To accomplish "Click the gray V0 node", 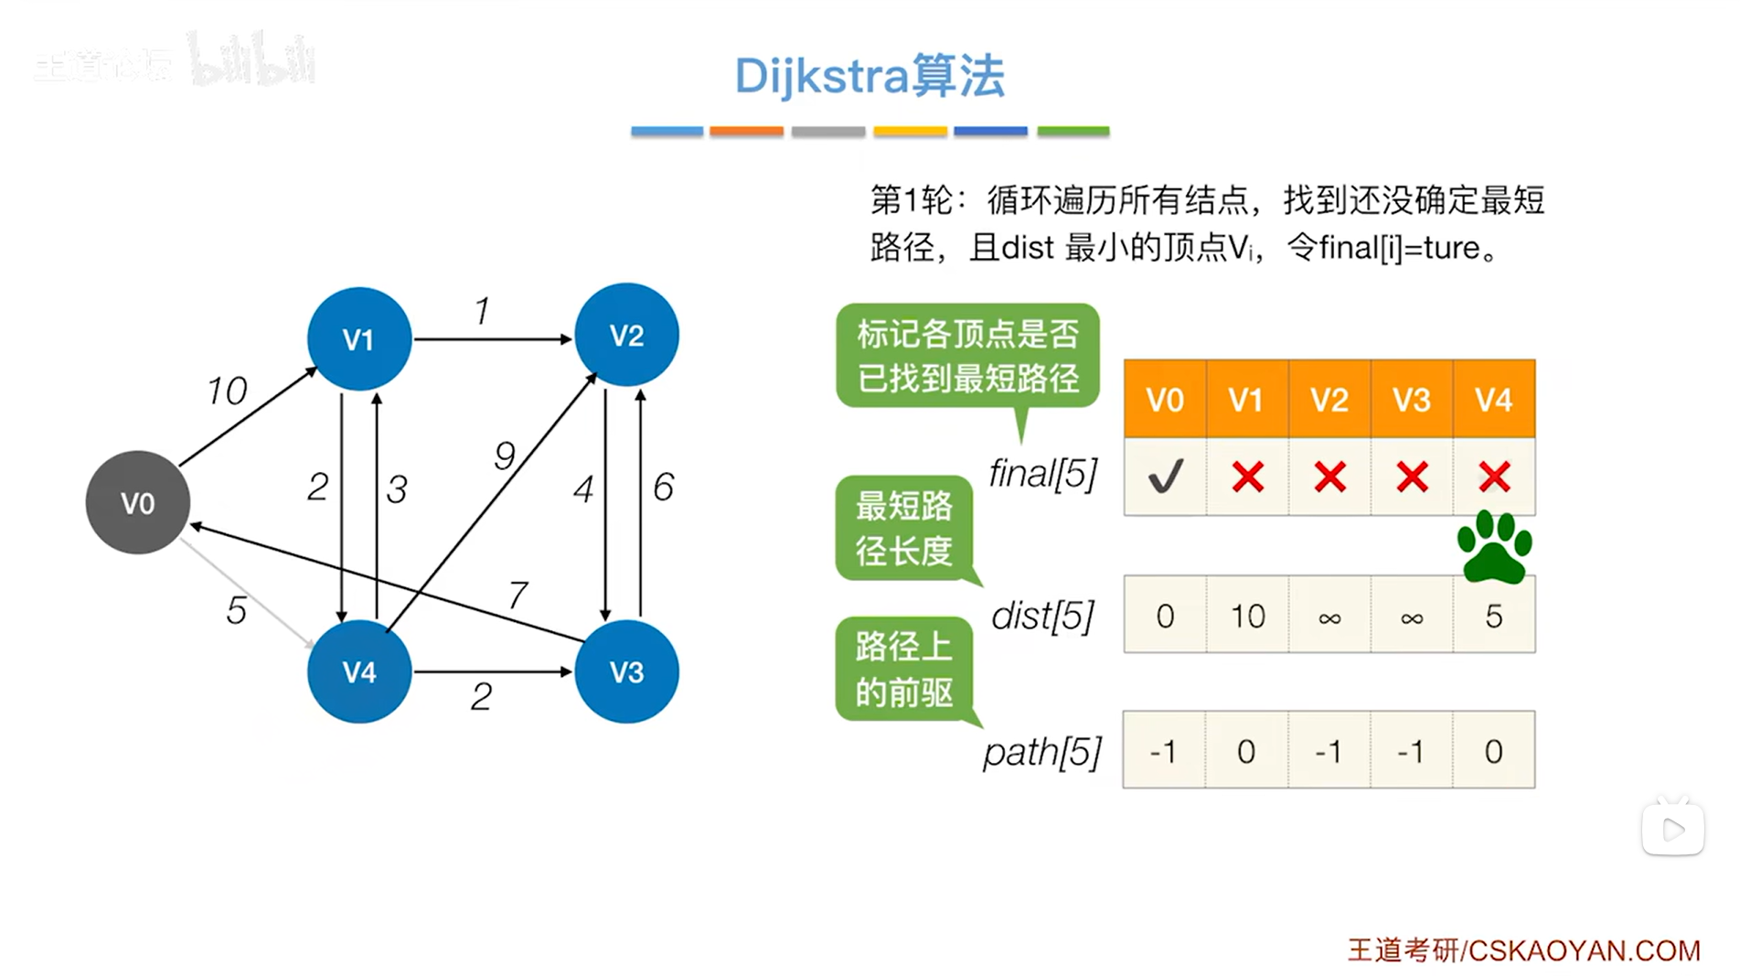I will pyautogui.click(x=138, y=502).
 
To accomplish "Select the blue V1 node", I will pyautogui.click(x=359, y=339).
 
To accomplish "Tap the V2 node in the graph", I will pyautogui.click(x=626, y=335).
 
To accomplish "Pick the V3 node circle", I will pyautogui.click(x=626, y=671).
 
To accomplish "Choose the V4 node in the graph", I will pyautogui.click(x=359, y=671).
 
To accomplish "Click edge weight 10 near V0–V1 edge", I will pyautogui.click(x=227, y=391).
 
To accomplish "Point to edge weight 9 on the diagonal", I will pyautogui.click(x=505, y=455).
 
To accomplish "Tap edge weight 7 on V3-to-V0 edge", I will pyautogui.click(x=518, y=595).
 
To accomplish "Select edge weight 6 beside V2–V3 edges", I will pyautogui.click(x=663, y=487).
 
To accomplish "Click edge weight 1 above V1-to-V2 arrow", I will pyautogui.click(x=482, y=311).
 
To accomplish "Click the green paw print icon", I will pyautogui.click(x=1494, y=547).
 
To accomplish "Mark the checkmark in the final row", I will pyautogui.click(x=1165, y=477).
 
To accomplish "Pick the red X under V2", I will pyautogui.click(x=1329, y=477).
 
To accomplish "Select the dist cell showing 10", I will pyautogui.click(x=1247, y=616).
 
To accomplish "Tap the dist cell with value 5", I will pyautogui.click(x=1494, y=616).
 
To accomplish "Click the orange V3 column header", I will pyautogui.click(x=1412, y=400).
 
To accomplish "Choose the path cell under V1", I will pyautogui.click(x=1246, y=751).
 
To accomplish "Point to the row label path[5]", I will pyautogui.click(x=1042, y=752).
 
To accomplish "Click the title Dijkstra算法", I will pyautogui.click(x=870, y=75).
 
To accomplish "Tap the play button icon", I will pyautogui.click(x=1673, y=830).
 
